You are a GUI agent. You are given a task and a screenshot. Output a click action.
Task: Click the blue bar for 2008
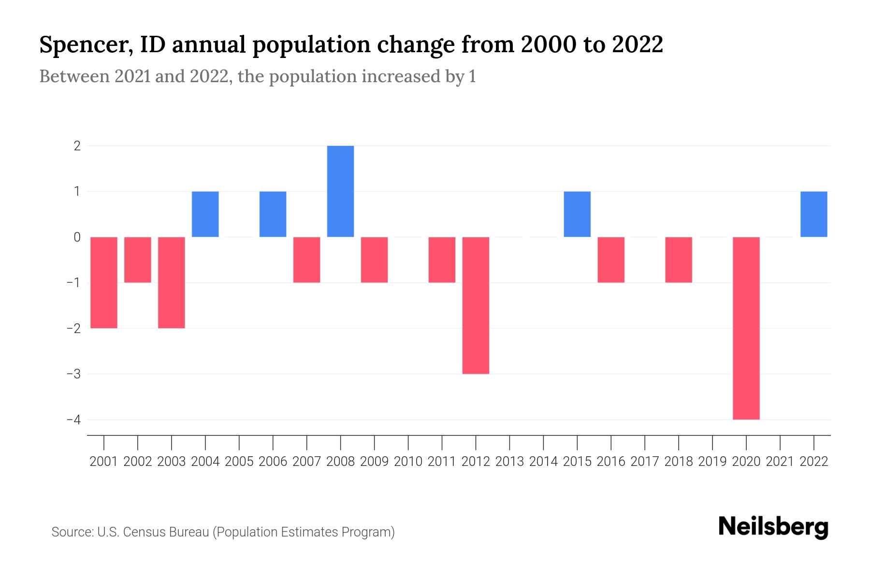340,191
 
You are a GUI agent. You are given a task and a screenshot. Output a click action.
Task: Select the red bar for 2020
746,328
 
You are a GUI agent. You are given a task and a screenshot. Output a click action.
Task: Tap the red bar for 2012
476,305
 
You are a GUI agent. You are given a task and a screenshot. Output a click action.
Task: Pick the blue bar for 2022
813,214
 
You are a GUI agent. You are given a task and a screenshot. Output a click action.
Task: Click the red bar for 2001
104,282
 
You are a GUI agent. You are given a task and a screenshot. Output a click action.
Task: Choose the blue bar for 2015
577,214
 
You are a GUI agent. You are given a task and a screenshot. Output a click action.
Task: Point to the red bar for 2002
138,260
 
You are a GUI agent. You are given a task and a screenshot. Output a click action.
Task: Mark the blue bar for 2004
205,214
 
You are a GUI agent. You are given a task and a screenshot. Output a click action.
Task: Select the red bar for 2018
678,260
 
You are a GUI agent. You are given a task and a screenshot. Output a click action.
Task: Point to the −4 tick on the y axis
74,420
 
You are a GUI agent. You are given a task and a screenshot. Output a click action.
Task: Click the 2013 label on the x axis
509,462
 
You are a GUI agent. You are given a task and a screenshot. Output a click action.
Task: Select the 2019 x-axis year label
712,462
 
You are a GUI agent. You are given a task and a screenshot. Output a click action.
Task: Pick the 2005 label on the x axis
239,462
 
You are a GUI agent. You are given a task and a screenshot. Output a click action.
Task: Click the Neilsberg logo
773,527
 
